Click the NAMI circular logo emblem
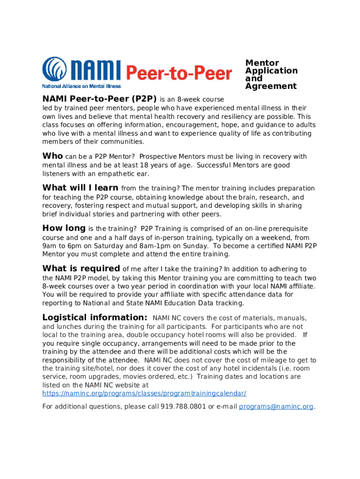[55, 69]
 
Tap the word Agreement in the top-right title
[271, 86]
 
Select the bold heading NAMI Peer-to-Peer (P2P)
[100, 99]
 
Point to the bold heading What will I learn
[80, 188]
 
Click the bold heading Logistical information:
[95, 318]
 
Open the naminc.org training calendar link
[144, 393]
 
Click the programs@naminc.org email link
[276, 406]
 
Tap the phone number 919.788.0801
[183, 406]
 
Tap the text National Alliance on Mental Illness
[81, 86]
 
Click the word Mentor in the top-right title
[262, 63]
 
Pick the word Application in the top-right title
[271, 71]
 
